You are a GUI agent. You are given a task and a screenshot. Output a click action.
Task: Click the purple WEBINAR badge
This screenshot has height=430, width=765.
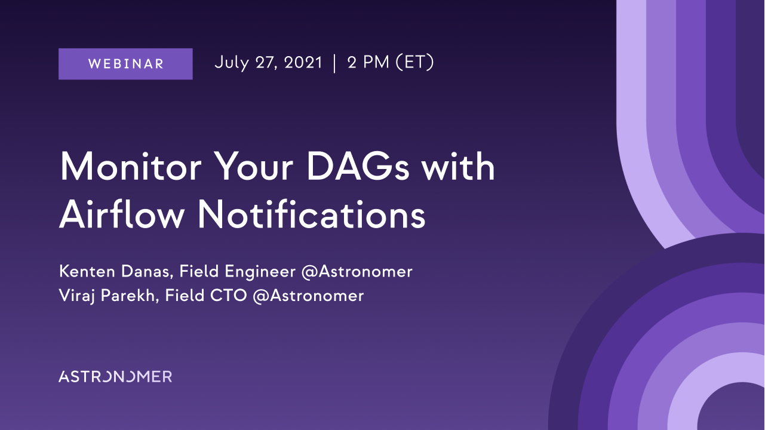pos(125,64)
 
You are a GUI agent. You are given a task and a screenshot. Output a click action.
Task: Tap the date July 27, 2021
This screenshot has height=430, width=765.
pos(268,63)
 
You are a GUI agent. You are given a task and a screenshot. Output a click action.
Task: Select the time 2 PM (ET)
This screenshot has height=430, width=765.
pos(391,63)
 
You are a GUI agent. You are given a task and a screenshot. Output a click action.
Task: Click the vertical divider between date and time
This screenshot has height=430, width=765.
pos(334,63)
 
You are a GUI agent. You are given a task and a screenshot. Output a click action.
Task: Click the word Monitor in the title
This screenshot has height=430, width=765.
pos(131,167)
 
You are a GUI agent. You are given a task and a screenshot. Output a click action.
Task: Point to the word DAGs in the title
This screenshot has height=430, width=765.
pos(358,167)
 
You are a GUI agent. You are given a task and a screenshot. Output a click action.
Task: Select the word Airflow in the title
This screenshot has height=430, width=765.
pos(122,215)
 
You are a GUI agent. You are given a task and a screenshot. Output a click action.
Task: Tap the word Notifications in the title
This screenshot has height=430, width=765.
pos(312,215)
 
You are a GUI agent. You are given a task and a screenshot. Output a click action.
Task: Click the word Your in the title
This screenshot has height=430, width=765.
pos(254,167)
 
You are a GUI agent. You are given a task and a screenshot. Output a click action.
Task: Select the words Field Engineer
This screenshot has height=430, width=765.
pos(237,272)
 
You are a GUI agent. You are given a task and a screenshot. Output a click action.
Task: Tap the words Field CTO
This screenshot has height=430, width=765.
pos(205,296)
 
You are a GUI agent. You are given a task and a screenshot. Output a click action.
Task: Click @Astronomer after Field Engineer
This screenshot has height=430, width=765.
pos(357,272)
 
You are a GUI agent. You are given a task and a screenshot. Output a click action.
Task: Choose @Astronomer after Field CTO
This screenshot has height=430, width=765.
pos(308,296)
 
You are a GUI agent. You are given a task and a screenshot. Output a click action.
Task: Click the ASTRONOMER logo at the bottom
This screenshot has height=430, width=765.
pos(115,376)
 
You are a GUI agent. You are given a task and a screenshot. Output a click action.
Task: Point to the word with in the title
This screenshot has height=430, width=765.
pos(458,167)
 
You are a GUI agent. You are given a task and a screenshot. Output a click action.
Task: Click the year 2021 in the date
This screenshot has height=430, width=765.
pos(303,63)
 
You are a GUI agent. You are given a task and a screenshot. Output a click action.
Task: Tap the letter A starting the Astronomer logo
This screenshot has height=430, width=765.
pos(64,376)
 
